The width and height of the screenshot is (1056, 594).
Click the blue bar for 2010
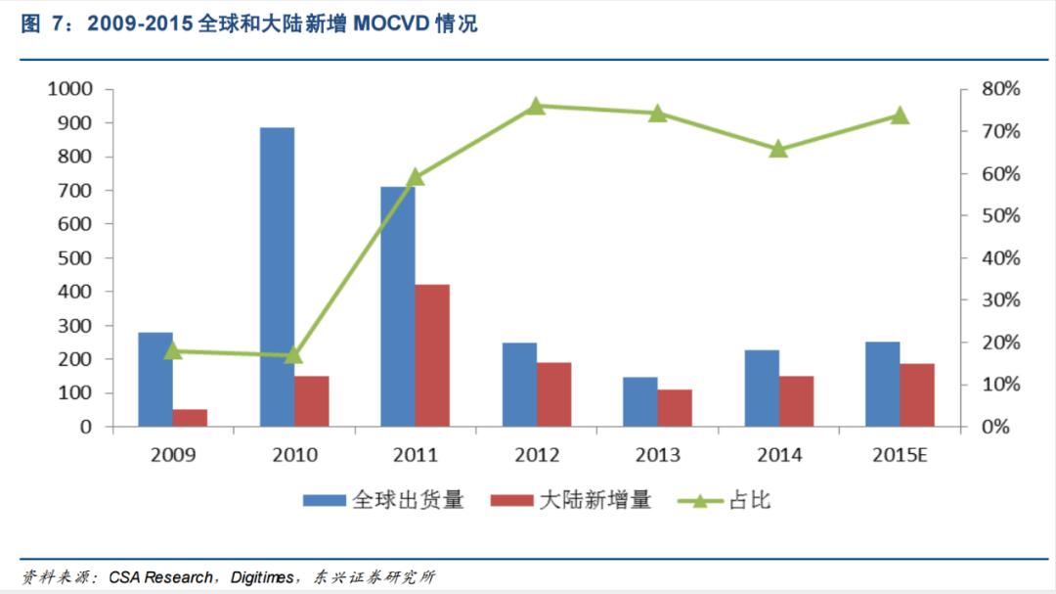pyautogui.click(x=277, y=277)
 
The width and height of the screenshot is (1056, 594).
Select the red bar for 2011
pyautogui.click(x=432, y=355)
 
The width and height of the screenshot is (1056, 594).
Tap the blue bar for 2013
pyautogui.click(x=640, y=401)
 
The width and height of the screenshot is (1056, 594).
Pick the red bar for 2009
pyautogui.click(x=190, y=418)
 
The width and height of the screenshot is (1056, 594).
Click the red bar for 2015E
pyautogui.click(x=917, y=394)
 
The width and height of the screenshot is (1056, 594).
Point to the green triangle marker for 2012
pyautogui.click(x=536, y=106)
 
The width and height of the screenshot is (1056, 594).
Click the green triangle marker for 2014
pyautogui.click(x=778, y=149)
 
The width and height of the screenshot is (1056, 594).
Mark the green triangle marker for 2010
pyautogui.click(x=293, y=354)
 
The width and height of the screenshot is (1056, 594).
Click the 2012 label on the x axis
pyautogui.click(x=536, y=455)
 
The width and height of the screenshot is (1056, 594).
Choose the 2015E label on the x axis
pyautogui.click(x=900, y=455)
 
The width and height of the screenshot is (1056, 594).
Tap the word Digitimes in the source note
pyautogui.click(x=262, y=577)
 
